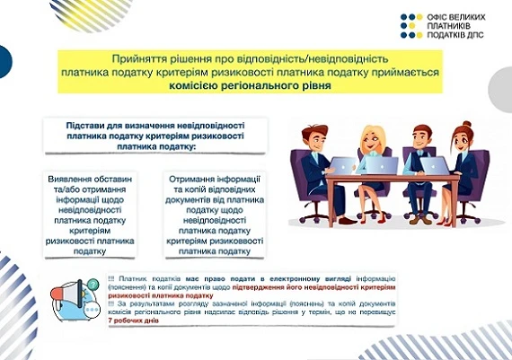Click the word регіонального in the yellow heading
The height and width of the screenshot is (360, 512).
pyautogui.click(x=263, y=86)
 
